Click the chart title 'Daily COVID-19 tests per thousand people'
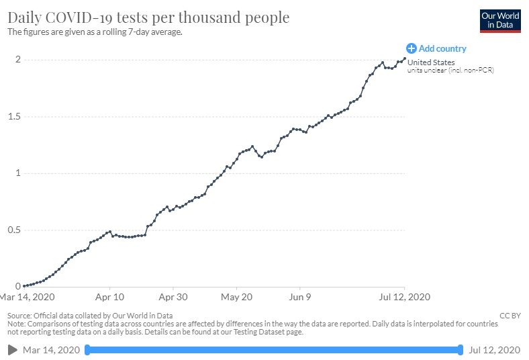148,17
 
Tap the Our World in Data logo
499,20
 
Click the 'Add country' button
436,48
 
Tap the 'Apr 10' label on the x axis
109,296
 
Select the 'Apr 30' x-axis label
173,296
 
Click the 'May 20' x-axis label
237,296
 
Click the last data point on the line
404,58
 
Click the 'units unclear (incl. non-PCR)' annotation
450,71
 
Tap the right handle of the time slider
461,349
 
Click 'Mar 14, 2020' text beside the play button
51,350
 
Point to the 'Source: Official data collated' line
90,315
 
